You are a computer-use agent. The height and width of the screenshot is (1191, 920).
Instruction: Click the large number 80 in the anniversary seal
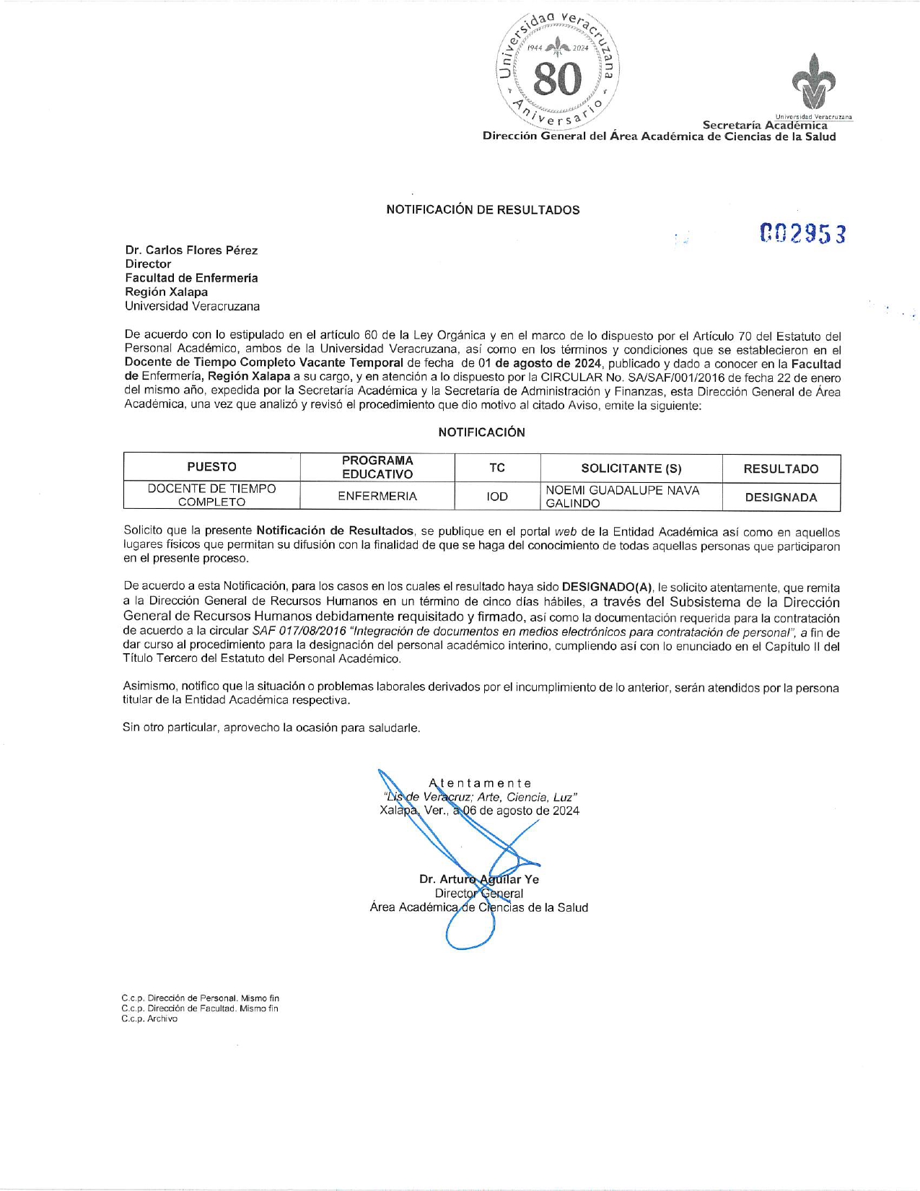pos(557,79)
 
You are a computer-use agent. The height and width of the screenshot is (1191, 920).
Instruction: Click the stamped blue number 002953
pos(802,234)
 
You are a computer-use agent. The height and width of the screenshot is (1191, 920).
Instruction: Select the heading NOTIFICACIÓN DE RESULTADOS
pos(483,210)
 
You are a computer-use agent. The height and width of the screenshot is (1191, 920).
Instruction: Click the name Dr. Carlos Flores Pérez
pos(191,250)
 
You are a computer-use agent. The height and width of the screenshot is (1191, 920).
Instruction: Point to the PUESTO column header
pos(211,467)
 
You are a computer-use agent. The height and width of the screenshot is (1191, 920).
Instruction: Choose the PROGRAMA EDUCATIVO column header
pos(377,467)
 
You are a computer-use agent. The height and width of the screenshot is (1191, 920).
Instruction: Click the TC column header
pos(497,468)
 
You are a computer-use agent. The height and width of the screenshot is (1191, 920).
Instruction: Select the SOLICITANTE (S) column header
pos(631,468)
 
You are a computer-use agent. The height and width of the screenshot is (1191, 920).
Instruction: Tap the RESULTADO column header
pos(781,469)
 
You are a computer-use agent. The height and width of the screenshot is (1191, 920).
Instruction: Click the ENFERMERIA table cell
pos(377,497)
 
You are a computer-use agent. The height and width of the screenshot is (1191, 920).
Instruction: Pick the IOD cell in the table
pos(497,497)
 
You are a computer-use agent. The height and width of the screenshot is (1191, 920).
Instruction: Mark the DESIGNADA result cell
pos(781,497)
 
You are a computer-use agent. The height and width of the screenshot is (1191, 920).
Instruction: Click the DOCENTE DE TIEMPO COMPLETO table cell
pos(211,495)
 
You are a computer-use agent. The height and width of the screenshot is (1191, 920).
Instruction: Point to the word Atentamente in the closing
pos(480,783)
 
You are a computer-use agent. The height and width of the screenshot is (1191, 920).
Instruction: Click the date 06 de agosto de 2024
pos(520,811)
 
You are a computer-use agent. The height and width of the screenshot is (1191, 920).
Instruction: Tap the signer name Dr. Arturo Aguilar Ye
pos(479,879)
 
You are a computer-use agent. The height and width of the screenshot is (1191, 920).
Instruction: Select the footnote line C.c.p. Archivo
pos(149,1018)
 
